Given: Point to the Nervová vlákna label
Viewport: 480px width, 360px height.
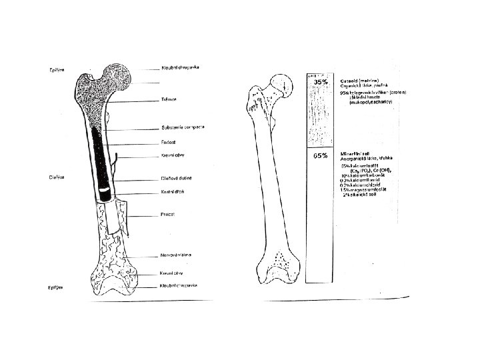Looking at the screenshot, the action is point(177,255).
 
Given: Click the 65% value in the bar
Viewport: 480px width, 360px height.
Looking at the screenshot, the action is point(320,155).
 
